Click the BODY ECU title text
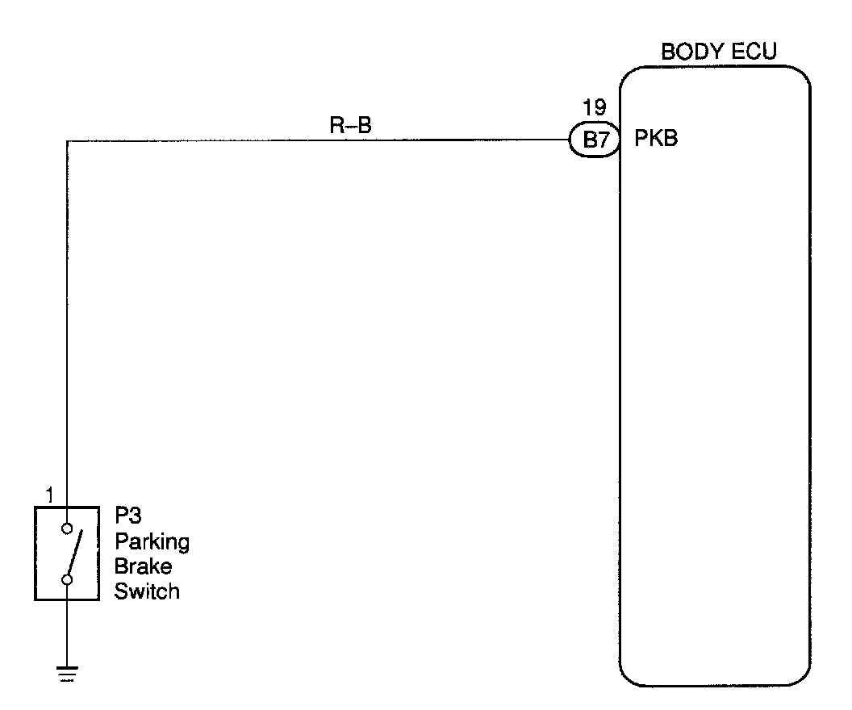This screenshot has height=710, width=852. (x=719, y=52)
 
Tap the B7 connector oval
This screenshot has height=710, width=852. (x=594, y=140)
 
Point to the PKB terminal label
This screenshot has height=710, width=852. (x=656, y=140)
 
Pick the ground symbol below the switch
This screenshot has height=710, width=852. (x=67, y=671)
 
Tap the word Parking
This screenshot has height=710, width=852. (x=152, y=541)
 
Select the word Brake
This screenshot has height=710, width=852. (x=143, y=566)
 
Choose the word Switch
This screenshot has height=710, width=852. (x=147, y=591)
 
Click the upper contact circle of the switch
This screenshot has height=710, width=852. (x=68, y=529)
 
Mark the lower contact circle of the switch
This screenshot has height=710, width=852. (x=68, y=579)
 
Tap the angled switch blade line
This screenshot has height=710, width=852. (x=74, y=554)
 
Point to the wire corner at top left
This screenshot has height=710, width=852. (x=68, y=141)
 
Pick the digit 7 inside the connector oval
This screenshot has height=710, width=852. (x=602, y=141)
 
